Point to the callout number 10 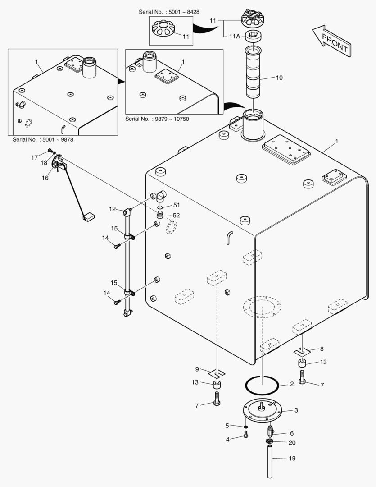pyautogui.click(x=279, y=78)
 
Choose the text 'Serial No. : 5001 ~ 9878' pyautogui.click(x=43, y=140)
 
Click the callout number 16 pyautogui.click(x=45, y=178)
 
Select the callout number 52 pyautogui.click(x=176, y=216)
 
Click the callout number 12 pyautogui.click(x=112, y=209)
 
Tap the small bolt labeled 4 pyautogui.click(x=245, y=435)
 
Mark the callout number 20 pyautogui.click(x=292, y=442)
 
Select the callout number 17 pyautogui.click(x=35, y=157)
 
